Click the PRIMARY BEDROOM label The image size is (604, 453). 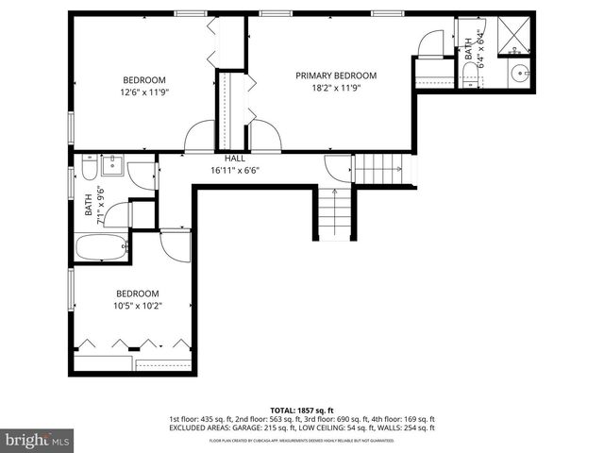click(x=335, y=75)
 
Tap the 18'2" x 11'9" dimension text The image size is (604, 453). click(x=335, y=88)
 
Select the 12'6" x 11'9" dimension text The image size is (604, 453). click(x=143, y=92)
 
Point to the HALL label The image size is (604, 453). click(x=235, y=159)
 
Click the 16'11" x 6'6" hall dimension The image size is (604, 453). click(x=235, y=171)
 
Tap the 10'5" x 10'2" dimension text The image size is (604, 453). click(x=138, y=306)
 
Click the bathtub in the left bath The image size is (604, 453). click(x=101, y=247)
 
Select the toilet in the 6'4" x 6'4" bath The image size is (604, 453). click(x=470, y=73)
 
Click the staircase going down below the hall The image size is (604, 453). click(x=333, y=213)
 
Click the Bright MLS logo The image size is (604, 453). click(x=38, y=440)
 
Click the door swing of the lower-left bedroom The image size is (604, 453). click(x=176, y=243)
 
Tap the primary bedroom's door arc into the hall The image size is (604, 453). click(x=265, y=137)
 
